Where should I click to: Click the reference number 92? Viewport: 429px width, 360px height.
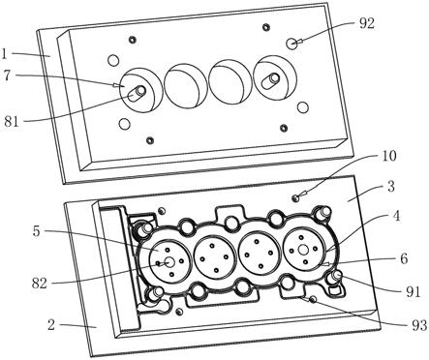click(367, 23)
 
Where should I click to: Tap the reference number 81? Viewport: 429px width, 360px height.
click(12, 122)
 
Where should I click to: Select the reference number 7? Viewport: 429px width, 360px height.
click(7, 75)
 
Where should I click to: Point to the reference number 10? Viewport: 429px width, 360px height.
click(388, 156)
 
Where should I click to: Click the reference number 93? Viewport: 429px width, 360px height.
click(419, 326)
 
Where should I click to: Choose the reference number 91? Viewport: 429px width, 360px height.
click(414, 291)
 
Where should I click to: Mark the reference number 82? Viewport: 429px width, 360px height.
click(40, 284)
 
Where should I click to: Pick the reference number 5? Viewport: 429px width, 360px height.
click(37, 231)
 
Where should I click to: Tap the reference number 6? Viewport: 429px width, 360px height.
click(404, 258)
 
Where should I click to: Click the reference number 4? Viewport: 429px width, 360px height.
click(397, 216)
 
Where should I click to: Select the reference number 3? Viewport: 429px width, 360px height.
click(391, 187)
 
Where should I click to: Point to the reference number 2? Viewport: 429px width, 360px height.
click(51, 325)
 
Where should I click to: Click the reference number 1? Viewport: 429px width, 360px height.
click(4, 53)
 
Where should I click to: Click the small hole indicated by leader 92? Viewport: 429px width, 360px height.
click(292, 44)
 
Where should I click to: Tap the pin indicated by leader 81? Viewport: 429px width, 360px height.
click(137, 92)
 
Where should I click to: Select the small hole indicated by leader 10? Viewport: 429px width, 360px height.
click(295, 197)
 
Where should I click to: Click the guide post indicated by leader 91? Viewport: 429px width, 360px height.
click(335, 277)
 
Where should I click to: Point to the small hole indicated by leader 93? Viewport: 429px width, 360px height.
click(312, 300)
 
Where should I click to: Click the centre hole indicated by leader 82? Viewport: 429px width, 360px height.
click(169, 261)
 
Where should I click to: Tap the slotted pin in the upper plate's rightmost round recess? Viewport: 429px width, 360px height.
click(271, 80)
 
